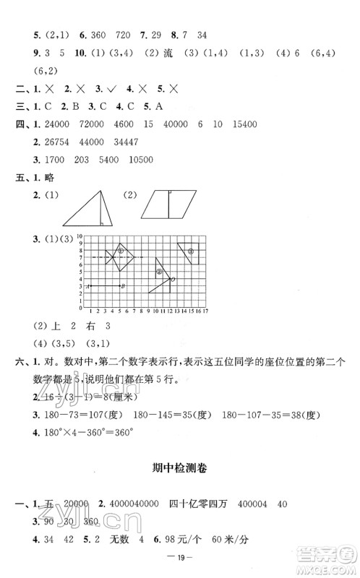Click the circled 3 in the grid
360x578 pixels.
click(192, 251)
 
